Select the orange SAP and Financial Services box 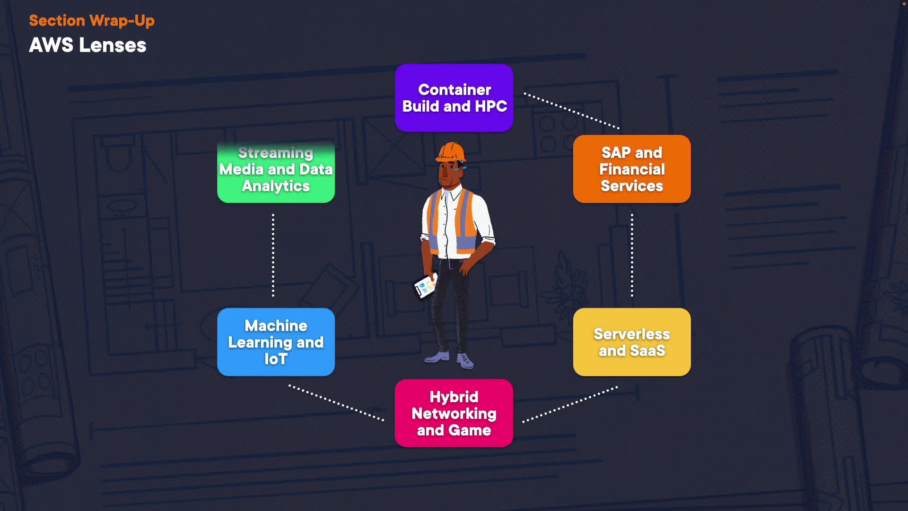[x=632, y=169]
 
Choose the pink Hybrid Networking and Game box [x=454, y=413]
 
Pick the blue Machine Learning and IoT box [x=276, y=342]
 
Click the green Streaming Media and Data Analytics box [x=276, y=170]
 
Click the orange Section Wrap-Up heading [x=92, y=21]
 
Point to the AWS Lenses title [x=87, y=45]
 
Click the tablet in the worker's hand [x=425, y=286]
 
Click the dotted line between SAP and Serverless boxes [x=632, y=255]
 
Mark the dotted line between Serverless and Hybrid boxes [x=570, y=404]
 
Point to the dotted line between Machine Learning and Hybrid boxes [x=336, y=403]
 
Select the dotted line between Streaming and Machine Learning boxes [x=273, y=255]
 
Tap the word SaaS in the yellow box [x=647, y=351]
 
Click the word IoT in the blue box [x=276, y=359]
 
